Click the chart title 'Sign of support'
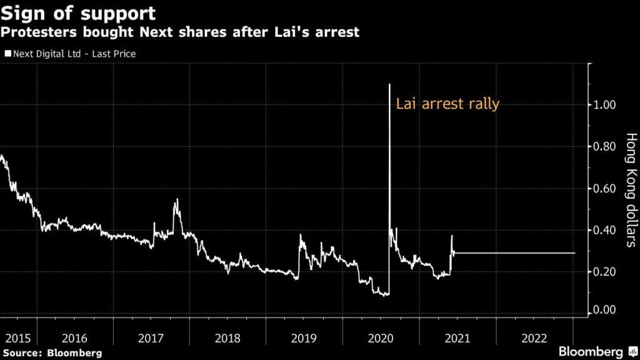[78, 12]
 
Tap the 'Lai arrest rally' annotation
[447, 104]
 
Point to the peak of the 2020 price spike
[389, 84]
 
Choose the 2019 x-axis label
[305, 338]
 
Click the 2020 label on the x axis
[381, 338]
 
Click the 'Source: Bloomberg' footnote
[51, 353]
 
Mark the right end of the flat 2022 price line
[574, 253]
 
